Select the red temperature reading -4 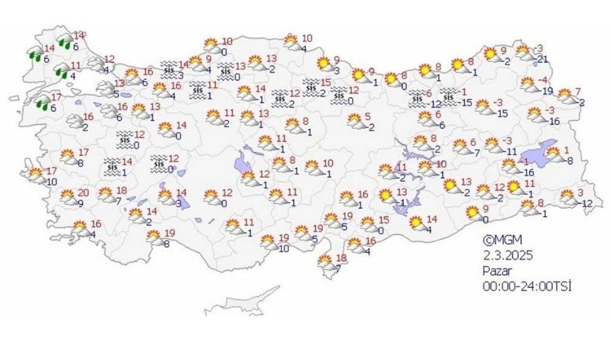coord(543,80)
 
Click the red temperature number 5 coord(368,116)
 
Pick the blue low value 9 coord(80,204)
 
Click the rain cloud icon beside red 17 coord(43,103)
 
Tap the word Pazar coord(495,271)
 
